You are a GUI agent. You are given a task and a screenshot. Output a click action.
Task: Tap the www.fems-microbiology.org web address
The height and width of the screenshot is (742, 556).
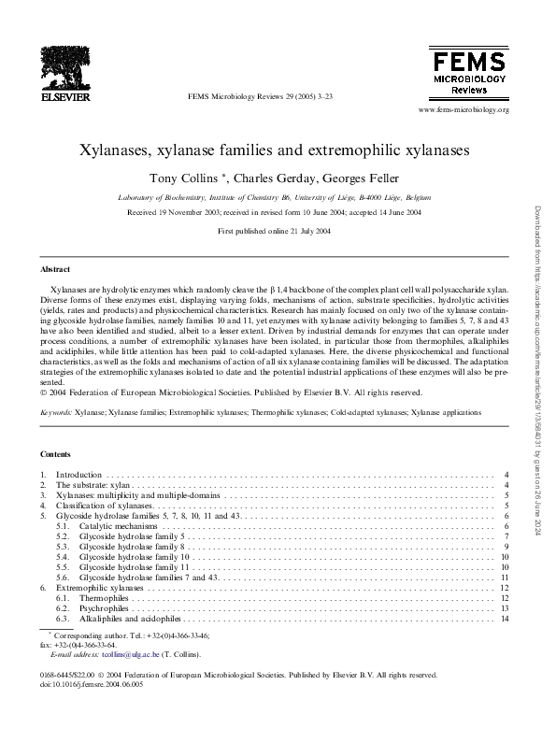point(464,110)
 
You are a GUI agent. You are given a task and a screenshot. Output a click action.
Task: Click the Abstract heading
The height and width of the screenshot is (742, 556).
point(55,268)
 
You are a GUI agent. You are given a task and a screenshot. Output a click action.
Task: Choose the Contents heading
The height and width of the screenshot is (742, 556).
point(56,454)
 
